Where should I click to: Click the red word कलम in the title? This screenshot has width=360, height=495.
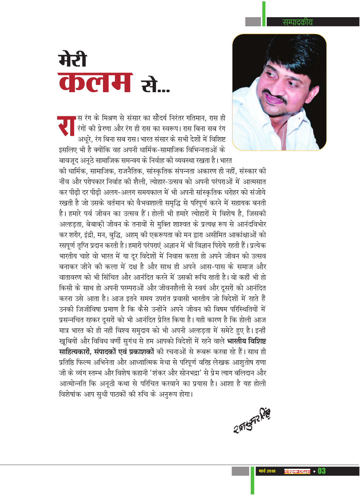(95, 82)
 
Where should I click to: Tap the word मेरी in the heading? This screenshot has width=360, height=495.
(72, 59)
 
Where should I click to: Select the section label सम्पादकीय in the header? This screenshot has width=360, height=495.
(297, 22)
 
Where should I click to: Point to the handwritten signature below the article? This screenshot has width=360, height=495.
(252, 420)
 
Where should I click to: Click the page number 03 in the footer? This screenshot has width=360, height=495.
(322, 471)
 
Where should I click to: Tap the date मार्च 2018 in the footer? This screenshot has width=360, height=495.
(267, 471)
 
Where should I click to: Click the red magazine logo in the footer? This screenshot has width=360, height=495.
(297, 471)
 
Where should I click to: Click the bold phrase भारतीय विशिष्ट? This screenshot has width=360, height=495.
(247, 341)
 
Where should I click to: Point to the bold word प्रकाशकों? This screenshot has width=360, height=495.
(141, 352)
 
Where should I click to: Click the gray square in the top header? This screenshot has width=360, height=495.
(253, 22)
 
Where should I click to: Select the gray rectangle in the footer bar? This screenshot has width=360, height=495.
(240, 471)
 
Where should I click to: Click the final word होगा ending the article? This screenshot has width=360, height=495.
(185, 394)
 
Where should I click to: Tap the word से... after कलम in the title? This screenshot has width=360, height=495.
(155, 86)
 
